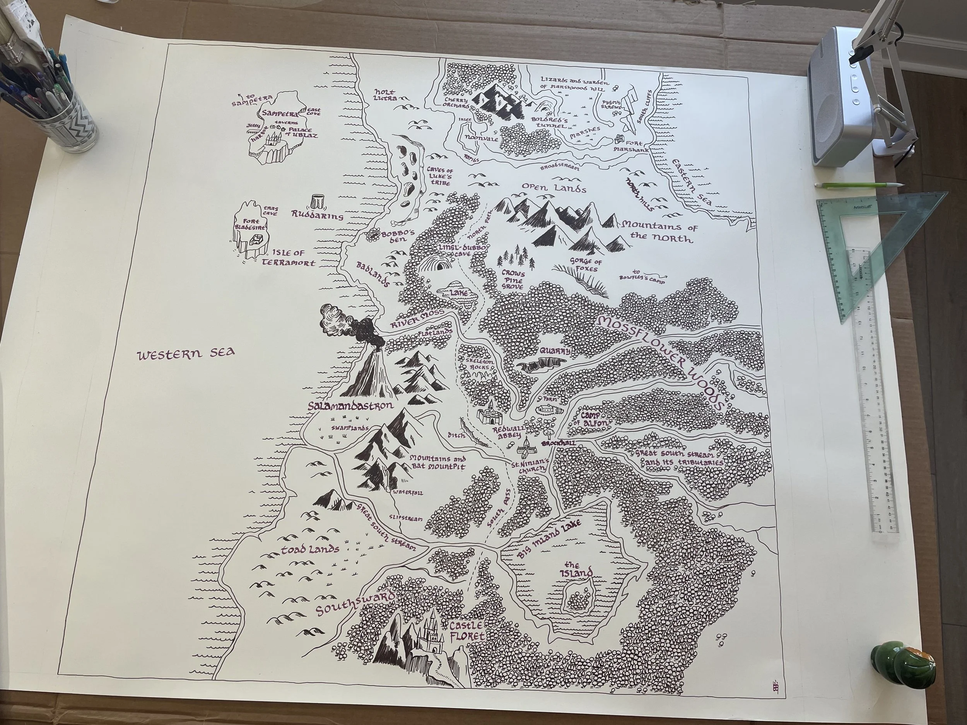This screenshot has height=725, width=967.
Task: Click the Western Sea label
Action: (186, 353)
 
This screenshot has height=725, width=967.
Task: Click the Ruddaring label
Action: (317, 216)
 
